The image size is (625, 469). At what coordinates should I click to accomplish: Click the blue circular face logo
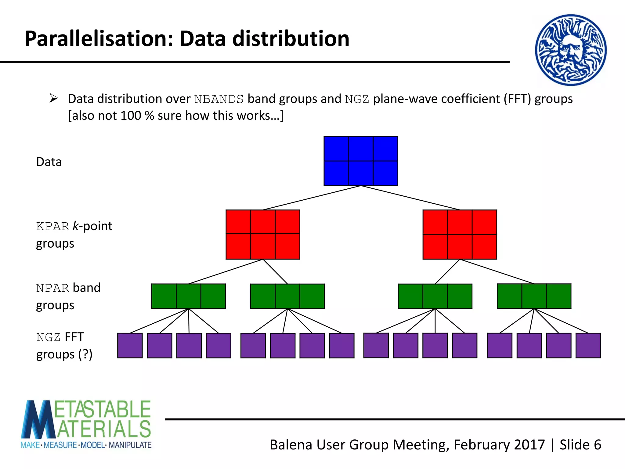[x=571, y=50]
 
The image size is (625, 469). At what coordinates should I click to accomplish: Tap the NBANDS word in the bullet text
[x=219, y=99]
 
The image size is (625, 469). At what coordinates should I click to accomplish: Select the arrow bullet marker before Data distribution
[x=54, y=98]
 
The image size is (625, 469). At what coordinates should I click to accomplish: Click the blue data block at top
[x=361, y=161]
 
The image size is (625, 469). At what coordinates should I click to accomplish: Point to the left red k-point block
[x=263, y=234]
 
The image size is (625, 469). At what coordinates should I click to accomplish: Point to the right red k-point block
[x=460, y=234]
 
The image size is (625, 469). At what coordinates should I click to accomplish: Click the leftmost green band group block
[x=188, y=296]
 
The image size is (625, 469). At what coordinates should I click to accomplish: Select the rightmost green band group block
[x=534, y=296]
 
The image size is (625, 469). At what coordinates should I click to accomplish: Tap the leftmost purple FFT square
[x=130, y=345]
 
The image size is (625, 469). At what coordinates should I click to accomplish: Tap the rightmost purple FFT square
[x=588, y=345]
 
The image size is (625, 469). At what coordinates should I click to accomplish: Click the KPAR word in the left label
[x=52, y=227]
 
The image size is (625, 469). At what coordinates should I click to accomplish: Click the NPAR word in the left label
[x=52, y=288]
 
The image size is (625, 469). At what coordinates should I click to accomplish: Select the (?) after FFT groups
[x=85, y=354]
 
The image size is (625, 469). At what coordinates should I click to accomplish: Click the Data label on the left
[x=49, y=162]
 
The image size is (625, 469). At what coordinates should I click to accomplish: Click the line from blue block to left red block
[x=312, y=198]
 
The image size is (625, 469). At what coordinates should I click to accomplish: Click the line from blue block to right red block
[x=410, y=198]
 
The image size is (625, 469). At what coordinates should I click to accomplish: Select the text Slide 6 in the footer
[x=580, y=445]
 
